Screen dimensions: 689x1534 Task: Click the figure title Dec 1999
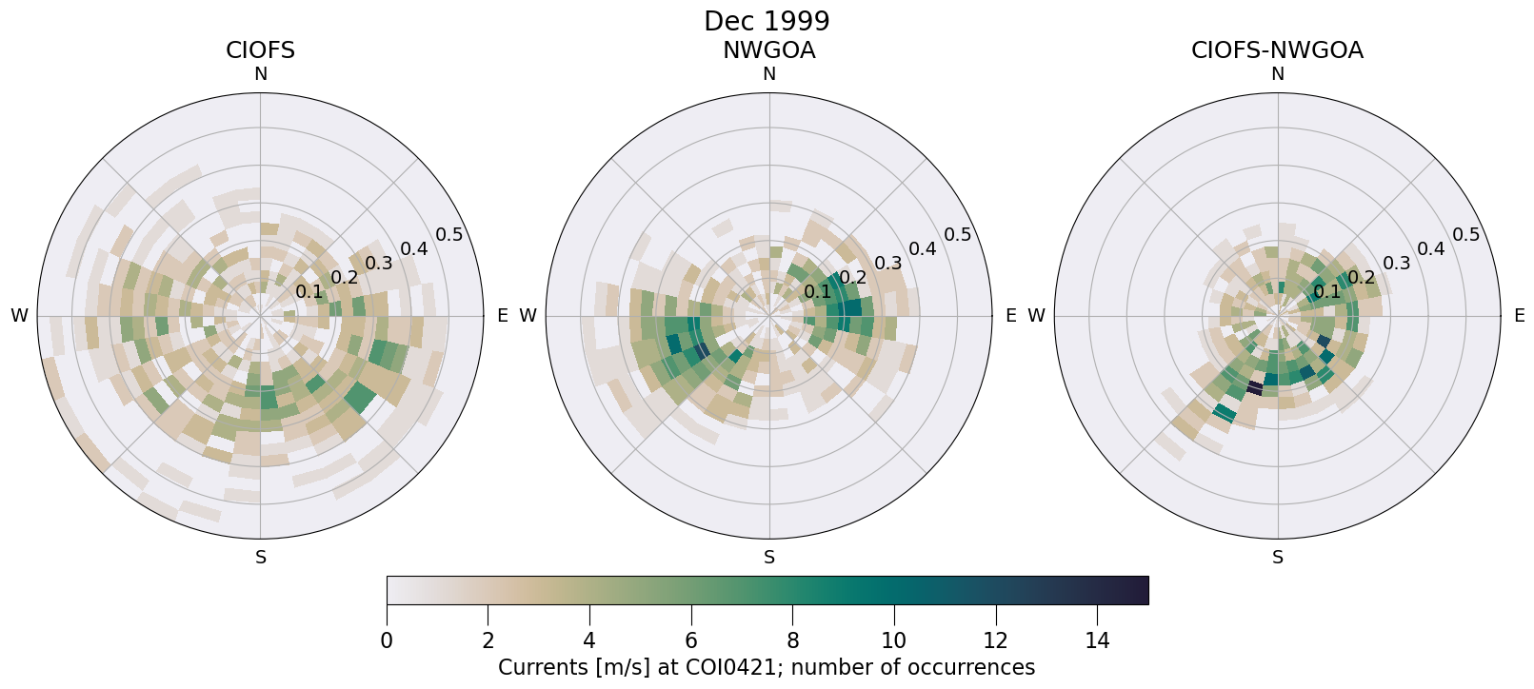767,21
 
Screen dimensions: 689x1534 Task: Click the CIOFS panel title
260,50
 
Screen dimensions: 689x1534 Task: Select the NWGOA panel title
768,50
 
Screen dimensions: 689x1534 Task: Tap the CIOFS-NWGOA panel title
1277,50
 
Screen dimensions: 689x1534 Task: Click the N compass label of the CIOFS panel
260,74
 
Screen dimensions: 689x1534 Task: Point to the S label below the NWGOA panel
769,558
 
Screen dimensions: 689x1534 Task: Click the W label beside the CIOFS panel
19,316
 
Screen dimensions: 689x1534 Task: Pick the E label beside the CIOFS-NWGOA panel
1519,316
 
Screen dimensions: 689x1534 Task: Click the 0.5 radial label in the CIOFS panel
449,235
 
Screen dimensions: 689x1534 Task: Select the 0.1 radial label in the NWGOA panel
817,292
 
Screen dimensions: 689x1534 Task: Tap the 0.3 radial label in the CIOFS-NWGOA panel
1397,264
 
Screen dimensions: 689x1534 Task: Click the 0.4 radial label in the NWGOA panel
923,249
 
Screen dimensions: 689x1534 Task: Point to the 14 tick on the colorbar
1097,640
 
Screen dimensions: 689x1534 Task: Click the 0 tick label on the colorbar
387,640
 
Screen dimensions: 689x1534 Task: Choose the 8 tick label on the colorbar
792,640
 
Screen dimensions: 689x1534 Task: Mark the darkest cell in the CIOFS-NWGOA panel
1255,388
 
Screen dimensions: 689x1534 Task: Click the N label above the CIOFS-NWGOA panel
1278,74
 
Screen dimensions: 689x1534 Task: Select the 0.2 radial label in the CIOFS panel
345,278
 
